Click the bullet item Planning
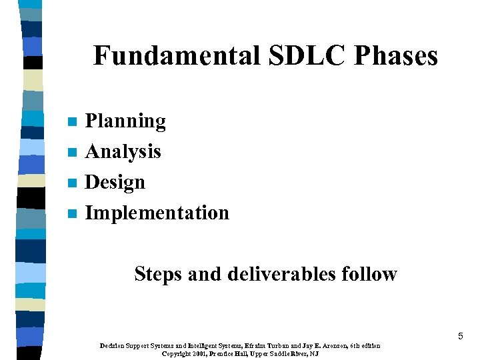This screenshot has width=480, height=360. point(125,121)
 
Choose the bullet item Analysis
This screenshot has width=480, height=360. point(123,152)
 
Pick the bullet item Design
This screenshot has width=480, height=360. point(115,182)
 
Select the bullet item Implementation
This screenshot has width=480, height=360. point(157,213)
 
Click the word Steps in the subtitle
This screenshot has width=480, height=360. point(158,274)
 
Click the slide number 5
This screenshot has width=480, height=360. point(460,337)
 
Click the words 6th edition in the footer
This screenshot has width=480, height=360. point(365,346)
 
